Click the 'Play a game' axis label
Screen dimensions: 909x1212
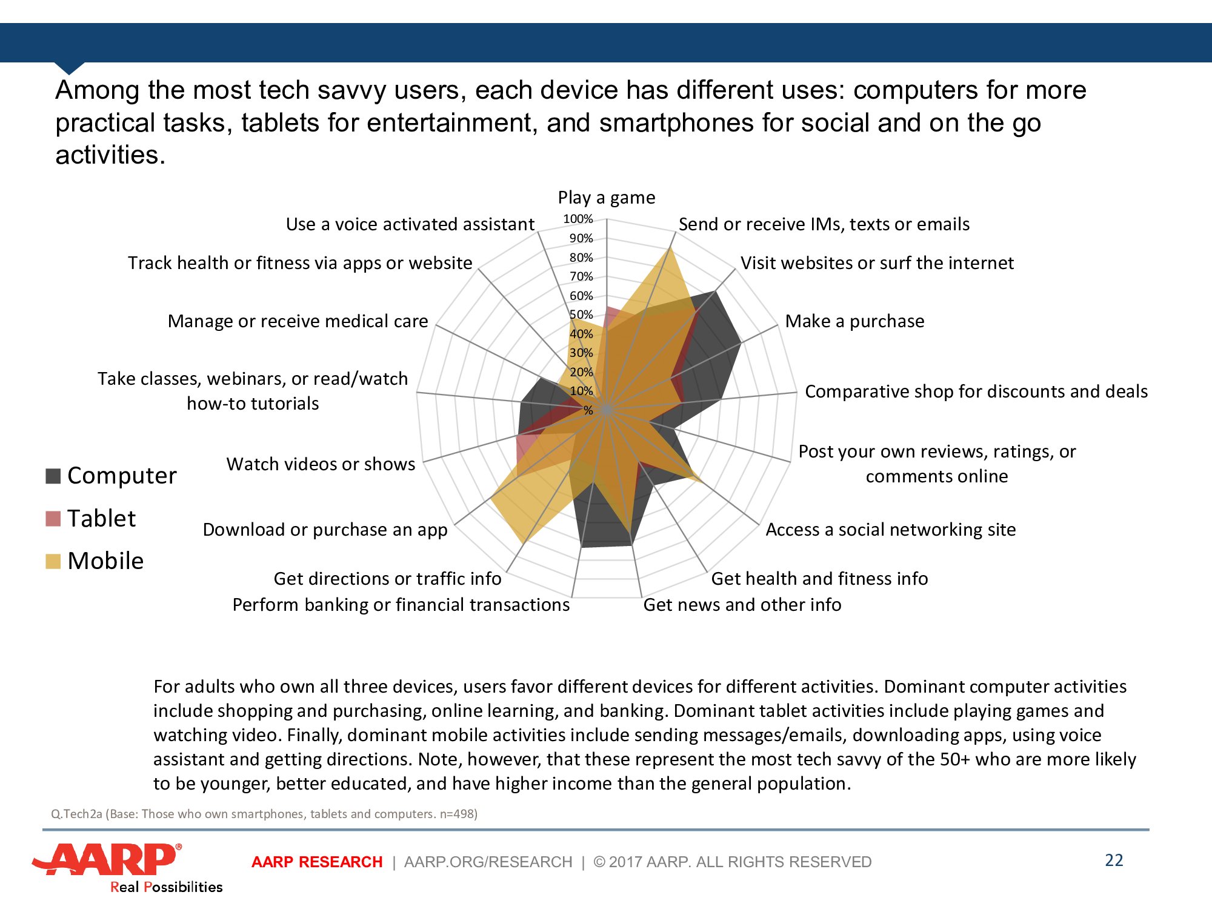pyautogui.click(x=606, y=198)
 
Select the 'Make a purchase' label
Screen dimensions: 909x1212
pyautogui.click(x=854, y=321)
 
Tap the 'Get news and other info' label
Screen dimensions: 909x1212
pyautogui.click(x=742, y=605)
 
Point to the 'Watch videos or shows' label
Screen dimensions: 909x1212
pyautogui.click(x=321, y=464)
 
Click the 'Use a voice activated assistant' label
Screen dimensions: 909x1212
pyautogui.click(x=410, y=224)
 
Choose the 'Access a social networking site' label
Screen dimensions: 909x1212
pyautogui.click(x=890, y=530)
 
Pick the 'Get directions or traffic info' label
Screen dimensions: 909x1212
pyautogui.click(x=387, y=579)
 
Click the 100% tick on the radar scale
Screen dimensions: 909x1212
pyautogui.click(x=578, y=219)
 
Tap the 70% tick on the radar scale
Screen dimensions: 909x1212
pyautogui.click(x=581, y=276)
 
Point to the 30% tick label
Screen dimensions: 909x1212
pyautogui.click(x=581, y=353)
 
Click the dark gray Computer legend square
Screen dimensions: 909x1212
pyautogui.click(x=53, y=476)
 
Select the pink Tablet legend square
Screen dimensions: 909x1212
pyautogui.click(x=53, y=519)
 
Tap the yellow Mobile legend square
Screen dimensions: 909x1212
pyautogui.click(x=53, y=561)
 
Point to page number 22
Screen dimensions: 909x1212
pyautogui.click(x=1114, y=861)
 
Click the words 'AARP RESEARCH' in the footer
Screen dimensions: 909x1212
pyautogui.click(x=317, y=862)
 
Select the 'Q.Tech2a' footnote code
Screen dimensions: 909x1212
pyautogui.click(x=76, y=814)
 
